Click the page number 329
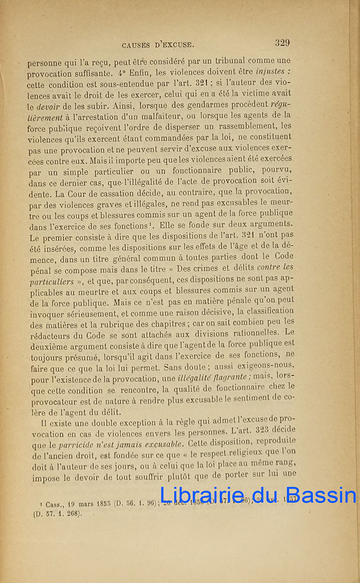(x=282, y=43)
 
